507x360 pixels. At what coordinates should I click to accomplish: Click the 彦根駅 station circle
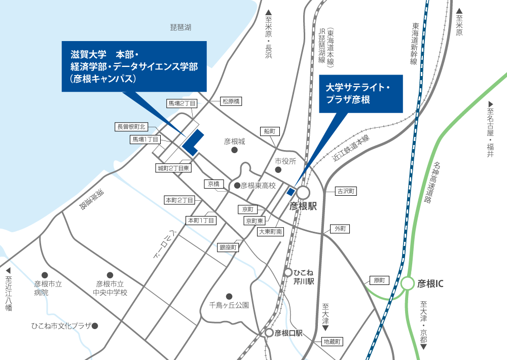coord(303,193)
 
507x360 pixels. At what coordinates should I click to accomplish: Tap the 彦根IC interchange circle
coord(408,283)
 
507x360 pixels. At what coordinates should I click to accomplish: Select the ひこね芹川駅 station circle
coord(288,272)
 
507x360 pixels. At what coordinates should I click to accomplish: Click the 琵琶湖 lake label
coord(180,27)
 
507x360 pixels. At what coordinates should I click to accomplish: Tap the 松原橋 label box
coord(231,101)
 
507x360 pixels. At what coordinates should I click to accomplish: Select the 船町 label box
coord(270,131)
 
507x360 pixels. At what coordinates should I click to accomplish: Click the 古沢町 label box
coord(347,191)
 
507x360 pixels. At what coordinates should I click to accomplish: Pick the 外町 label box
coord(340,229)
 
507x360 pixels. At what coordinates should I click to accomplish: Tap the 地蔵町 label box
coord(334,342)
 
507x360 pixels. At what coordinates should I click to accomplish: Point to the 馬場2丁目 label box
coord(182,103)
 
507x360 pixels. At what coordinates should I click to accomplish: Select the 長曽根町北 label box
coord(131,127)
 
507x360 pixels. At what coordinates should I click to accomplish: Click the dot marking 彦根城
coord(234,151)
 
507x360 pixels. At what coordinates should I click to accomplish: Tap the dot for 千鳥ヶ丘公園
coord(229,296)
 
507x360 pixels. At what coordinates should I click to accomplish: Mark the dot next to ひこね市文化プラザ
coord(94,326)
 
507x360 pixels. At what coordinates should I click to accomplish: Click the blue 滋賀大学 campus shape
coord(193,143)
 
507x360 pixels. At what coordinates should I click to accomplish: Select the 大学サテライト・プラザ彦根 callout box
coord(360,94)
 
